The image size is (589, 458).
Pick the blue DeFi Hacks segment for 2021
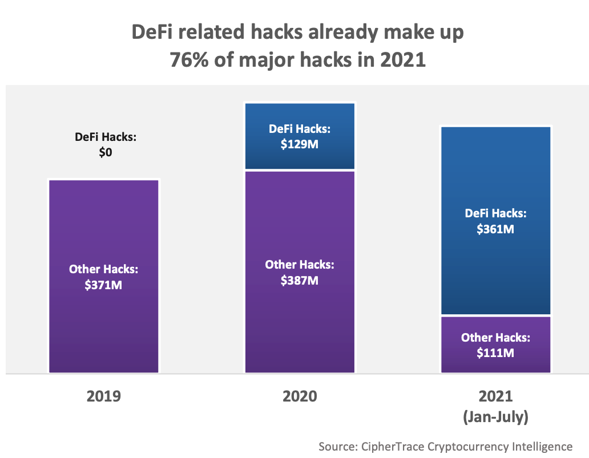pos(495,171)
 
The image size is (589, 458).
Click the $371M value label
pos(103,284)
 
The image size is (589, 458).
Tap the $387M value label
pos(300,280)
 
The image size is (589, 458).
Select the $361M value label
pos(495,229)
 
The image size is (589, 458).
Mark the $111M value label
pos(495,353)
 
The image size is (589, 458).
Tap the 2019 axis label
pos(103,396)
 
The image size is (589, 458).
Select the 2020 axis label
pos(300,396)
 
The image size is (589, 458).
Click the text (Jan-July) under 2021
pos(495,418)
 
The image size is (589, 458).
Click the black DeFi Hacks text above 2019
pos(103,137)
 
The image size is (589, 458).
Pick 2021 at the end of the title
pos(404,60)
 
